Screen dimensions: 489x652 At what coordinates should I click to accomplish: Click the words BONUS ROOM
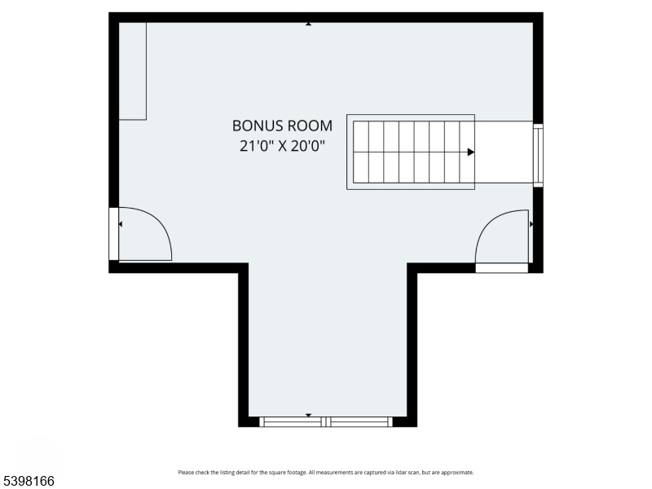[x=282, y=126]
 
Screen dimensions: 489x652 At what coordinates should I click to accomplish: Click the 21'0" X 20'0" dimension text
[x=282, y=148]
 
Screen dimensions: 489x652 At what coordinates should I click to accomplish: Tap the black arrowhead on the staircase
[x=470, y=152]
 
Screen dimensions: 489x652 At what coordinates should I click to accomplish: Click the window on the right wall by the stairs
[x=538, y=155]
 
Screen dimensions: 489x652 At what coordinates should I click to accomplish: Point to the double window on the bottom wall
[x=326, y=421]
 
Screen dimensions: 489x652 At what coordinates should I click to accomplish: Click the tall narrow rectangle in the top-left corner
[x=132, y=72]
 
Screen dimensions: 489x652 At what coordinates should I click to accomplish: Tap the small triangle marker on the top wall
[x=308, y=24]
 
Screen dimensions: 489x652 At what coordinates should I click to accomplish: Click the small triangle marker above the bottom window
[x=308, y=415]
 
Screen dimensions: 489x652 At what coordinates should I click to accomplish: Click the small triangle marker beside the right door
[x=531, y=223]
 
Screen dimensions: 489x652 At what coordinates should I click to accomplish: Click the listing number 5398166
[x=28, y=481]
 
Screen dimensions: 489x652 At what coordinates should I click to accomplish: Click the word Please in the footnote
[x=186, y=473]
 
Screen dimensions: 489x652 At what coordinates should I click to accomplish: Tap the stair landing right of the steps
[x=504, y=152]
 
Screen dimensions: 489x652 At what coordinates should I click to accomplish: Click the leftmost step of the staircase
[x=360, y=152]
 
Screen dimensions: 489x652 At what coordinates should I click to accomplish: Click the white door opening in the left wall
[x=114, y=235]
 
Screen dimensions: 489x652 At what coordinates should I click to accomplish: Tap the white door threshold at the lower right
[x=502, y=267]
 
